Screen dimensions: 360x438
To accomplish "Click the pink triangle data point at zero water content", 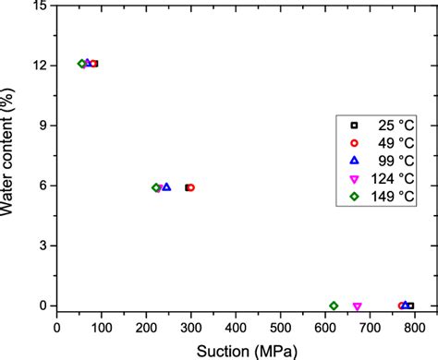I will (357, 306).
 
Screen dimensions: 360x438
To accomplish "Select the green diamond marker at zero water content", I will (334, 306).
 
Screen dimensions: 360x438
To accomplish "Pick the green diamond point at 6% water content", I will (156, 187).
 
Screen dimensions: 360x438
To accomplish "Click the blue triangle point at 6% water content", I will (166, 186).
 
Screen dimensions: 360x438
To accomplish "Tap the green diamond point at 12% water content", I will (82, 64).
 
